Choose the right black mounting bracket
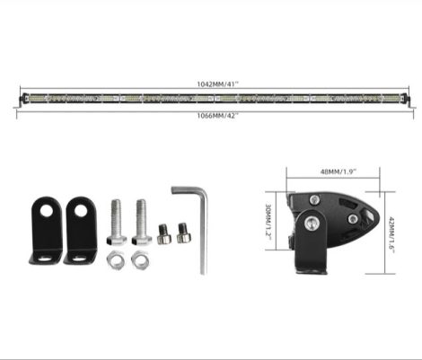(x=80, y=231)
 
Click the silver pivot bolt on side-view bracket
(x=312, y=224)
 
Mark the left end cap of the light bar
(x=20, y=98)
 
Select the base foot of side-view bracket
(x=310, y=264)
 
